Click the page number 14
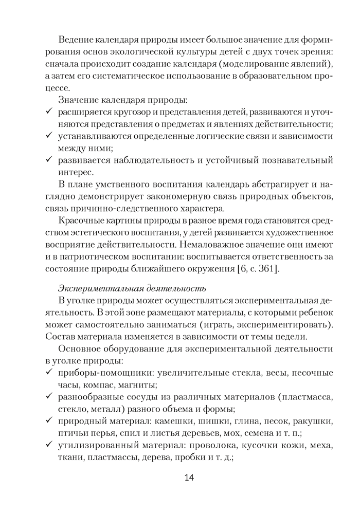[188, 478]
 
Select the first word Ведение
[76, 40]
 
